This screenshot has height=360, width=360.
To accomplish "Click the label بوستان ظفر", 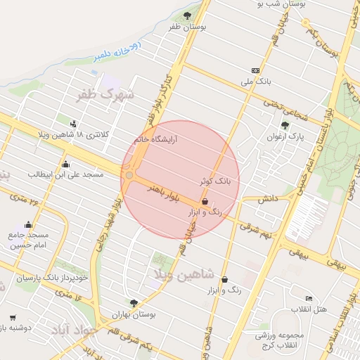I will (x=186, y=27).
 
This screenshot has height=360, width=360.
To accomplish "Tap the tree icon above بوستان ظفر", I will (x=186, y=15).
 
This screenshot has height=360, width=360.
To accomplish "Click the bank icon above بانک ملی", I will (x=255, y=70).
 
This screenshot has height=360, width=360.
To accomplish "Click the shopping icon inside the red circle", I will (x=205, y=201).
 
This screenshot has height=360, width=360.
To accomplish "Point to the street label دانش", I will (x=269, y=200).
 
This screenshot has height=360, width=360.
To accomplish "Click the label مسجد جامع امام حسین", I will (x=29, y=240).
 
